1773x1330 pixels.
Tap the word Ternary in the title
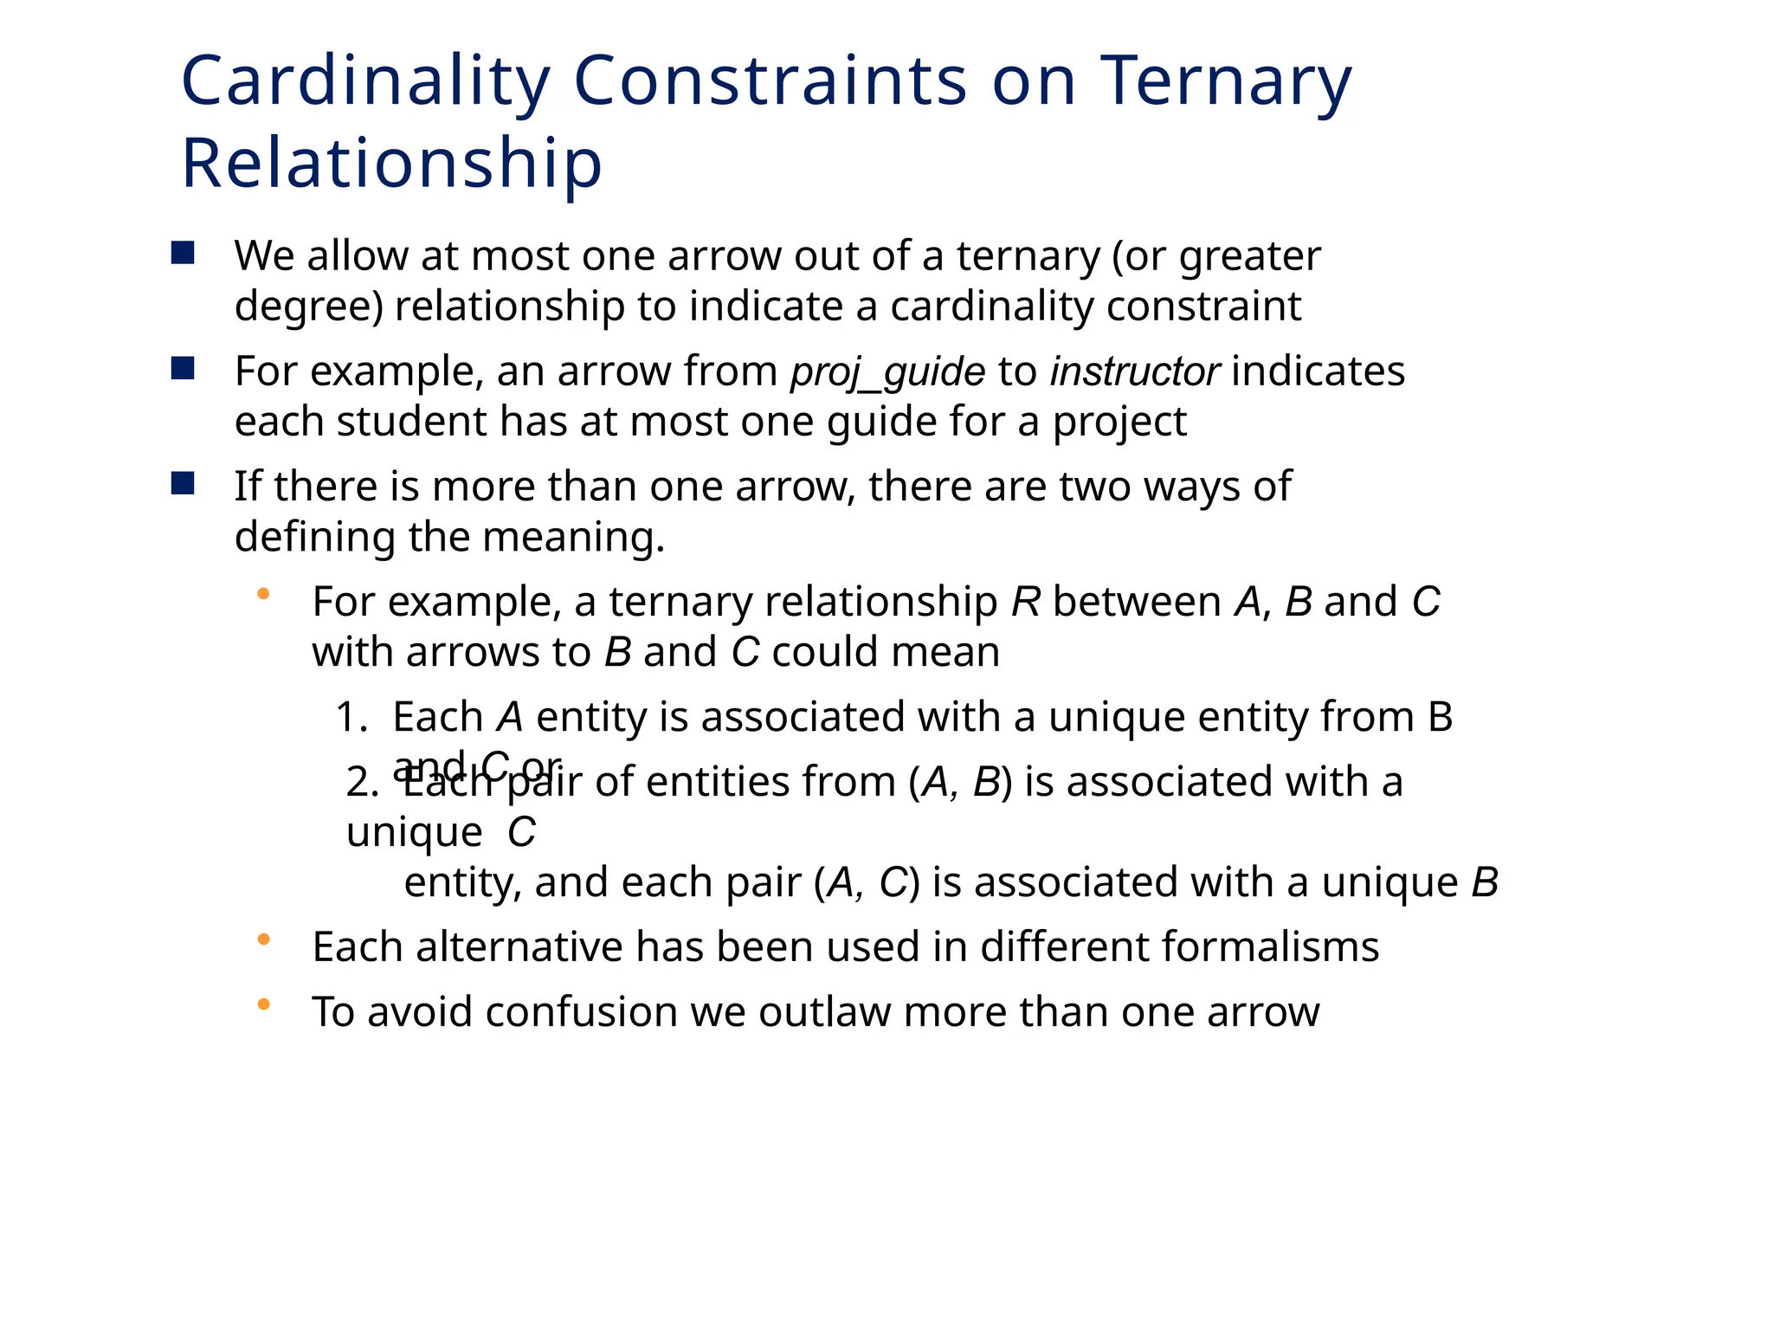pos(1224,82)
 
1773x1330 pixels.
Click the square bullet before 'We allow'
pos(183,254)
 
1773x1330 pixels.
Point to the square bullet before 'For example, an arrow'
pos(183,369)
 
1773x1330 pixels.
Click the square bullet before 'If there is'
pos(183,483)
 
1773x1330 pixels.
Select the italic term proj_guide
pos(887,372)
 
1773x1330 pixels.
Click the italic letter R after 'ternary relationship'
pos(1025,601)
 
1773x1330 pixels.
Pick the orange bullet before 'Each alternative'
pos(264,939)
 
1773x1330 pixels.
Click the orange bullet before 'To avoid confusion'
pos(264,1004)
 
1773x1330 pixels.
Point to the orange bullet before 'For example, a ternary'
pos(264,594)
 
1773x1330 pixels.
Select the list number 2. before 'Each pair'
pos(362,782)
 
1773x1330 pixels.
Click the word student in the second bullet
pos(411,422)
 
